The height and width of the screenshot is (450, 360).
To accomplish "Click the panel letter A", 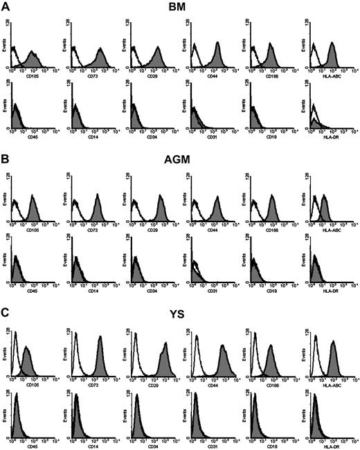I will [5, 6].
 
